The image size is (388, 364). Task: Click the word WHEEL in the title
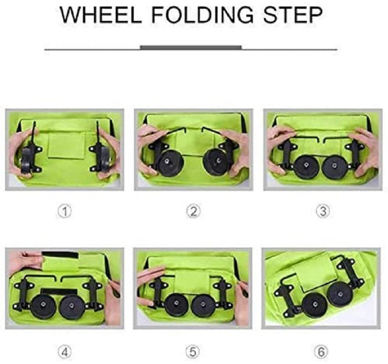(x=101, y=15)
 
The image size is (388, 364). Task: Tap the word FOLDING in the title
(x=202, y=15)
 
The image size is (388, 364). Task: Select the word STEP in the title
(x=293, y=15)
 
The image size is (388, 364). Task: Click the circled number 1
(x=64, y=212)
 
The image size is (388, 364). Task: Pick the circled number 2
(x=193, y=212)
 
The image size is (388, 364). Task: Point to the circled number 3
(x=323, y=212)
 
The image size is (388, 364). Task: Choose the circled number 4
(x=64, y=352)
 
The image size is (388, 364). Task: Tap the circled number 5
(x=193, y=352)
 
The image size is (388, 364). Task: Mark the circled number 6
(x=321, y=352)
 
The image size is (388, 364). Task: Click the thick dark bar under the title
(x=191, y=48)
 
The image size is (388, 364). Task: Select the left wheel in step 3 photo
(x=307, y=167)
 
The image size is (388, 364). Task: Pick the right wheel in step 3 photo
(x=335, y=167)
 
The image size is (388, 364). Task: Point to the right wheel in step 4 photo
(x=71, y=307)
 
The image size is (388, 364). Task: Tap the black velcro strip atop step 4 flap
(x=60, y=255)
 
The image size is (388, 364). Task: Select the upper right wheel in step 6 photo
(x=340, y=294)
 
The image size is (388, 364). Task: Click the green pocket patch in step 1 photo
(x=66, y=145)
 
